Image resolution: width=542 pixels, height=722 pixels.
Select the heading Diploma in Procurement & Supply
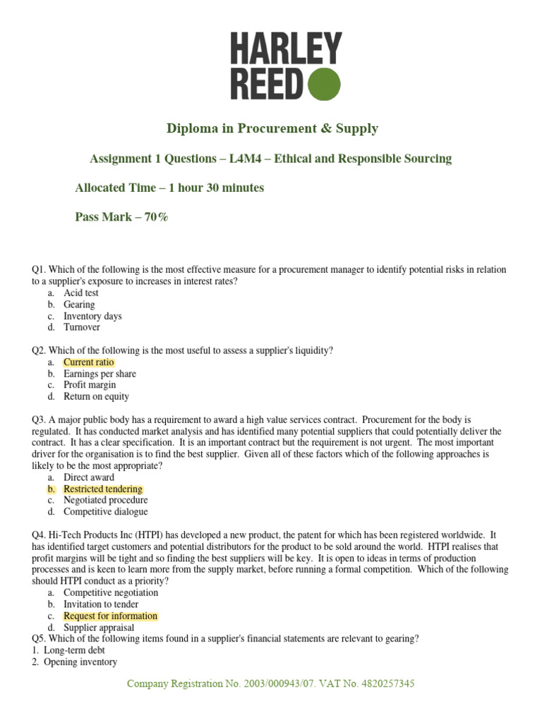pos(272,128)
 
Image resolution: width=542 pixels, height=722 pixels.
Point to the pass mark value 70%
pos(157,217)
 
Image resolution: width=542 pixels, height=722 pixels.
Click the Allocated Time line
pos(169,188)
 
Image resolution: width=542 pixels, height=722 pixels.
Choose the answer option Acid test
pos(81,293)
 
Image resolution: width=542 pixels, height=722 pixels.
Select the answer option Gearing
pos(79,305)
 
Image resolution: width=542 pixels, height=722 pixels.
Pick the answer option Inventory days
pos(92,316)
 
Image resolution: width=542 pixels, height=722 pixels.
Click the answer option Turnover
pos(82,327)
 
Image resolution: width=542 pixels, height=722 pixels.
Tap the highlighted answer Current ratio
pos(88,362)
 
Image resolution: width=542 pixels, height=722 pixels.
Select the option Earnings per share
pos(100,374)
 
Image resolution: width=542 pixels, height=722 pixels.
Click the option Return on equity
pos(96,397)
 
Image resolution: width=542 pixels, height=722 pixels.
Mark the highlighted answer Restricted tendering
pos(103,489)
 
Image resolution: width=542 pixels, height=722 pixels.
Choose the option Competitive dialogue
pos(106,512)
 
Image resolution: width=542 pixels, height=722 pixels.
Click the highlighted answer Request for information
pos(110,616)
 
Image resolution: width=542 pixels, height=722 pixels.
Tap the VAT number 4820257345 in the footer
pos(389,684)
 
